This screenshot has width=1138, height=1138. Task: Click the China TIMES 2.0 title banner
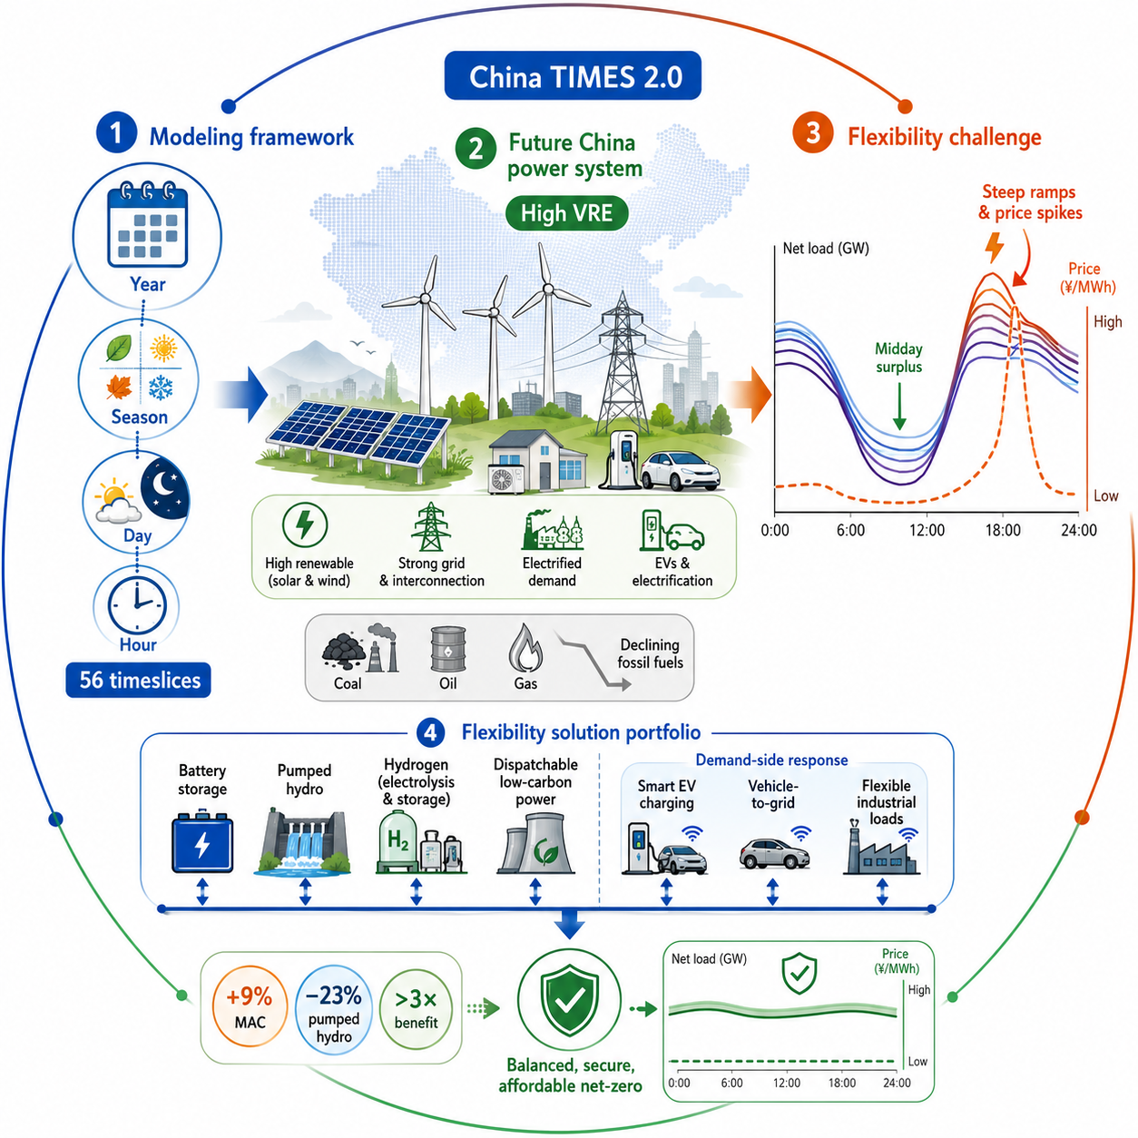pos(573,75)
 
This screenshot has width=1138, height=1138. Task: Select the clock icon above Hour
pos(137,605)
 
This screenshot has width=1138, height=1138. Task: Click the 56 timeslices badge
pos(138,680)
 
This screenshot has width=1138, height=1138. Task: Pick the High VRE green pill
pos(566,212)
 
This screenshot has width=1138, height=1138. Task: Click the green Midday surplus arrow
pos(898,406)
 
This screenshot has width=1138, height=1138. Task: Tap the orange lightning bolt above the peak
pos(996,247)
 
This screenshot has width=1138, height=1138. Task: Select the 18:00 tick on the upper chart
pos(1002,530)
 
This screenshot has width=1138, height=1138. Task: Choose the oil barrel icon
pos(447,649)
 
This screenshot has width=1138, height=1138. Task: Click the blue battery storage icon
pos(202,843)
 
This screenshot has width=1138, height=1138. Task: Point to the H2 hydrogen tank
pos(397,840)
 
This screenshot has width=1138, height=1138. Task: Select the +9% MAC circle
pos(250,1006)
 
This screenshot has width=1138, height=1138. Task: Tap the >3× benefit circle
pos(416,1008)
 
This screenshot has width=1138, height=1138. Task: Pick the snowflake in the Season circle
pos(160,388)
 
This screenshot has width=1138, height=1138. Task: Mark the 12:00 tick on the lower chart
pos(787,1083)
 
